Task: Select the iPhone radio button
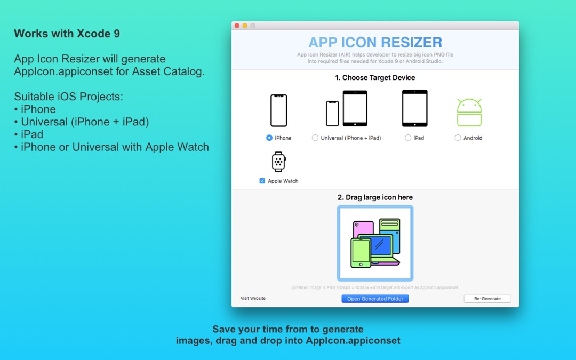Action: tap(269, 138)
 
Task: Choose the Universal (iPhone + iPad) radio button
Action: tap(315, 138)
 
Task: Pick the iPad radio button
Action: tap(408, 138)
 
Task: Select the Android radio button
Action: tap(458, 138)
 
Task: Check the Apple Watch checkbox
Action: tap(262, 181)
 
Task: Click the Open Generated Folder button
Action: tap(375, 299)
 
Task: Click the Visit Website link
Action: tap(253, 298)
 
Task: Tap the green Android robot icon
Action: tap(469, 113)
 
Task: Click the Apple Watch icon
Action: tap(278, 162)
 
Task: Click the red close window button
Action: tap(236, 26)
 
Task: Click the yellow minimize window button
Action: tap(245, 26)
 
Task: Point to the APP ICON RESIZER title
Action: tap(375, 43)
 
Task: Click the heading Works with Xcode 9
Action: tap(67, 34)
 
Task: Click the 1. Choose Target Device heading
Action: tap(375, 77)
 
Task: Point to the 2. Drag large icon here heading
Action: tap(375, 197)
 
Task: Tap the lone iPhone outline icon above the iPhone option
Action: tap(278, 110)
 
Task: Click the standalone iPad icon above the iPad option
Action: tap(414, 108)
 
